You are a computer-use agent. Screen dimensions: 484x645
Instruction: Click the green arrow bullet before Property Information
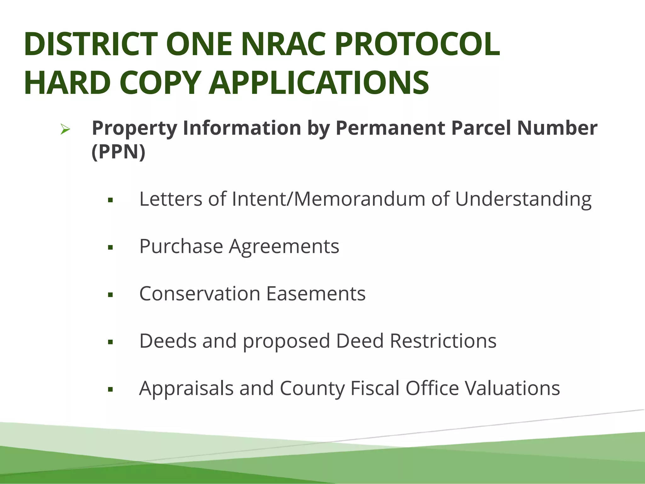65,129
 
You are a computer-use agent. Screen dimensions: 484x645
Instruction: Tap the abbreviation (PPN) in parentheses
118,152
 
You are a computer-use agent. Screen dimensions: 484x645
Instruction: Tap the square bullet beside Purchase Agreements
110,247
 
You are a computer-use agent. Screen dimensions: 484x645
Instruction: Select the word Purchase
181,246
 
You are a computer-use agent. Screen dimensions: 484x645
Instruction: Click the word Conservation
200,294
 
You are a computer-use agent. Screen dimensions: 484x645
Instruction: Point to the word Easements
316,294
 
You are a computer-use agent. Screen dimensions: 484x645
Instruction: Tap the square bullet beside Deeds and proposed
110,342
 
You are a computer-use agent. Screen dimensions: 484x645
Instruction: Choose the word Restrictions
443,341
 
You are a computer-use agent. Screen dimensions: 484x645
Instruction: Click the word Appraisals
186,388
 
